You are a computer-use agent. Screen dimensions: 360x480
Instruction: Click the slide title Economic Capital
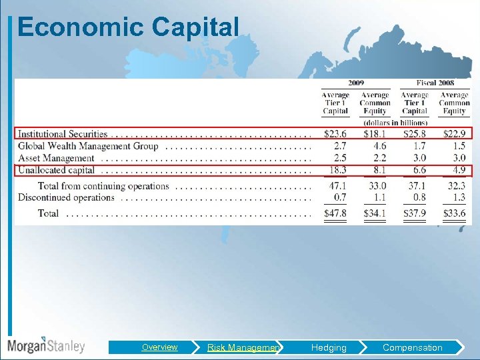pos(128,27)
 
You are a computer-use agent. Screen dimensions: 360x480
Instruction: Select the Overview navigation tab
pos(159,347)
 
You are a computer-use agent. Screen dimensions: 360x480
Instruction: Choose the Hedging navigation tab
pos(329,347)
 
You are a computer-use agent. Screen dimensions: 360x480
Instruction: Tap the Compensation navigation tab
pos(412,347)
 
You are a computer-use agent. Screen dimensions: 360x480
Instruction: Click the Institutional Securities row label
pos(63,134)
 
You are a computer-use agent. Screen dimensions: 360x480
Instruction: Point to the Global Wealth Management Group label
pos(88,146)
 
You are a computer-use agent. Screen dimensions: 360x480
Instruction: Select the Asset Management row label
pos(56,158)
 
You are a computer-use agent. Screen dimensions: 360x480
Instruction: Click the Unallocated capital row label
pos(57,170)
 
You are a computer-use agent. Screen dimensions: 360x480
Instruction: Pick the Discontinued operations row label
pos(66,197)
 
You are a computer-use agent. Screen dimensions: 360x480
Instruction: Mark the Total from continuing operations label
pos(103,186)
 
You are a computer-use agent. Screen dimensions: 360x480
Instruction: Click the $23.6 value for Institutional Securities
pos(335,134)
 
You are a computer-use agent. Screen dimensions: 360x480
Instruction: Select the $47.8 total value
pos(335,213)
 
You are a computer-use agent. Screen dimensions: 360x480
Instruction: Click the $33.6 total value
pos(454,213)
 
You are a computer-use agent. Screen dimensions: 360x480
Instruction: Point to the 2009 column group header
pos(355,83)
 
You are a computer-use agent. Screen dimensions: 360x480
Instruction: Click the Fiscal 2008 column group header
pos(435,83)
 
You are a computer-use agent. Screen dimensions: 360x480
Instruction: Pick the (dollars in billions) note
pos(395,123)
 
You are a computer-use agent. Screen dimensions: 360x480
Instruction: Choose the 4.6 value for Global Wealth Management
pos(379,146)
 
